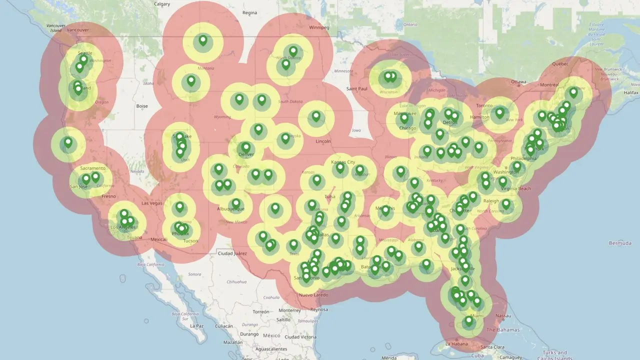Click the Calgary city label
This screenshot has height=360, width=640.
coord(162,4)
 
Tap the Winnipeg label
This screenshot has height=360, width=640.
coord(319,27)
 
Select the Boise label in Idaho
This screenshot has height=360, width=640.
coord(142,106)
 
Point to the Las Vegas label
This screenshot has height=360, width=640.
coord(152,203)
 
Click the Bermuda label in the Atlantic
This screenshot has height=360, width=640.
coord(620,243)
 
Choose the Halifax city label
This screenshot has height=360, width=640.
coord(631,92)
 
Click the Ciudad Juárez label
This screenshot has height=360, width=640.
coord(232,253)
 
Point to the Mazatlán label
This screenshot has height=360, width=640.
coord(233,342)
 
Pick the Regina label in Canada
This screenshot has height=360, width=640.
coord(249,12)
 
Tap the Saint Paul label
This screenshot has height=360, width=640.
coord(357,89)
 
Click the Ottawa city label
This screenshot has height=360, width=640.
coord(519,81)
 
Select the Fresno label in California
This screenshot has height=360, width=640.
coord(108,196)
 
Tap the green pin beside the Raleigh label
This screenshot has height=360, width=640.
coord(506,204)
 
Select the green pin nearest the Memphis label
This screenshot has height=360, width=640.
coord(385,210)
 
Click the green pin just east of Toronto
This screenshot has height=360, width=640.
coord(499,112)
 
